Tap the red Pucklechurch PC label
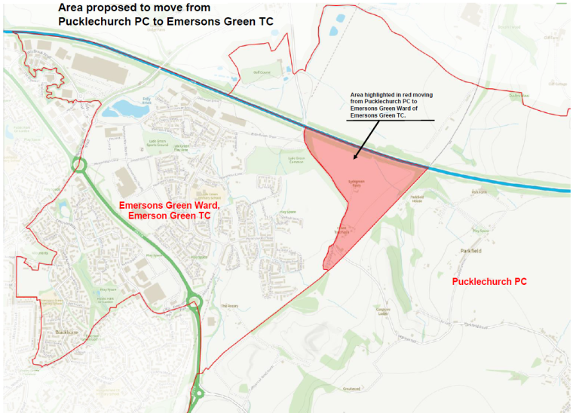coord(489,281)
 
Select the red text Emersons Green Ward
coord(170,205)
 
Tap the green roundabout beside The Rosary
coord(194,303)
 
